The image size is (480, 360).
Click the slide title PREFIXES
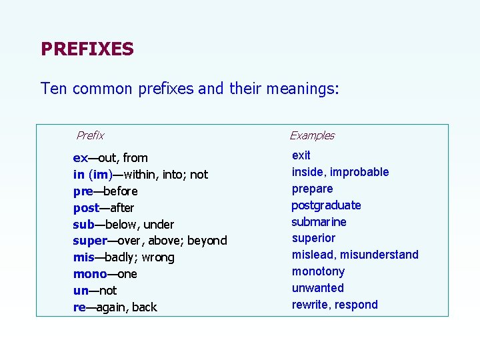pos(87,49)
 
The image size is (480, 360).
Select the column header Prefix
pos(90,135)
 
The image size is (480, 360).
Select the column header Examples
pos(312,135)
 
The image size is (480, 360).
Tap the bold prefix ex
pos(80,158)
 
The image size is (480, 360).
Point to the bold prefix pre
pos(83,191)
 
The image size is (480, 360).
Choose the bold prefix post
pos(86,208)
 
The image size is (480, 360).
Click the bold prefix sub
pos(83,224)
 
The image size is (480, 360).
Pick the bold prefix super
pos(90,241)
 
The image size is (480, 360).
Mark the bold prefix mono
pos(90,274)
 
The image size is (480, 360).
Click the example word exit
pos(301,155)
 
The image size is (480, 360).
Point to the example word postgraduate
pos(326,205)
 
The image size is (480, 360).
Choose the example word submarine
pos(319,222)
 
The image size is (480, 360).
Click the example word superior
pos(313,238)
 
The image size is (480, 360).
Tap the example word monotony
pos(318,271)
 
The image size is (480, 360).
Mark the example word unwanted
pos(318,288)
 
